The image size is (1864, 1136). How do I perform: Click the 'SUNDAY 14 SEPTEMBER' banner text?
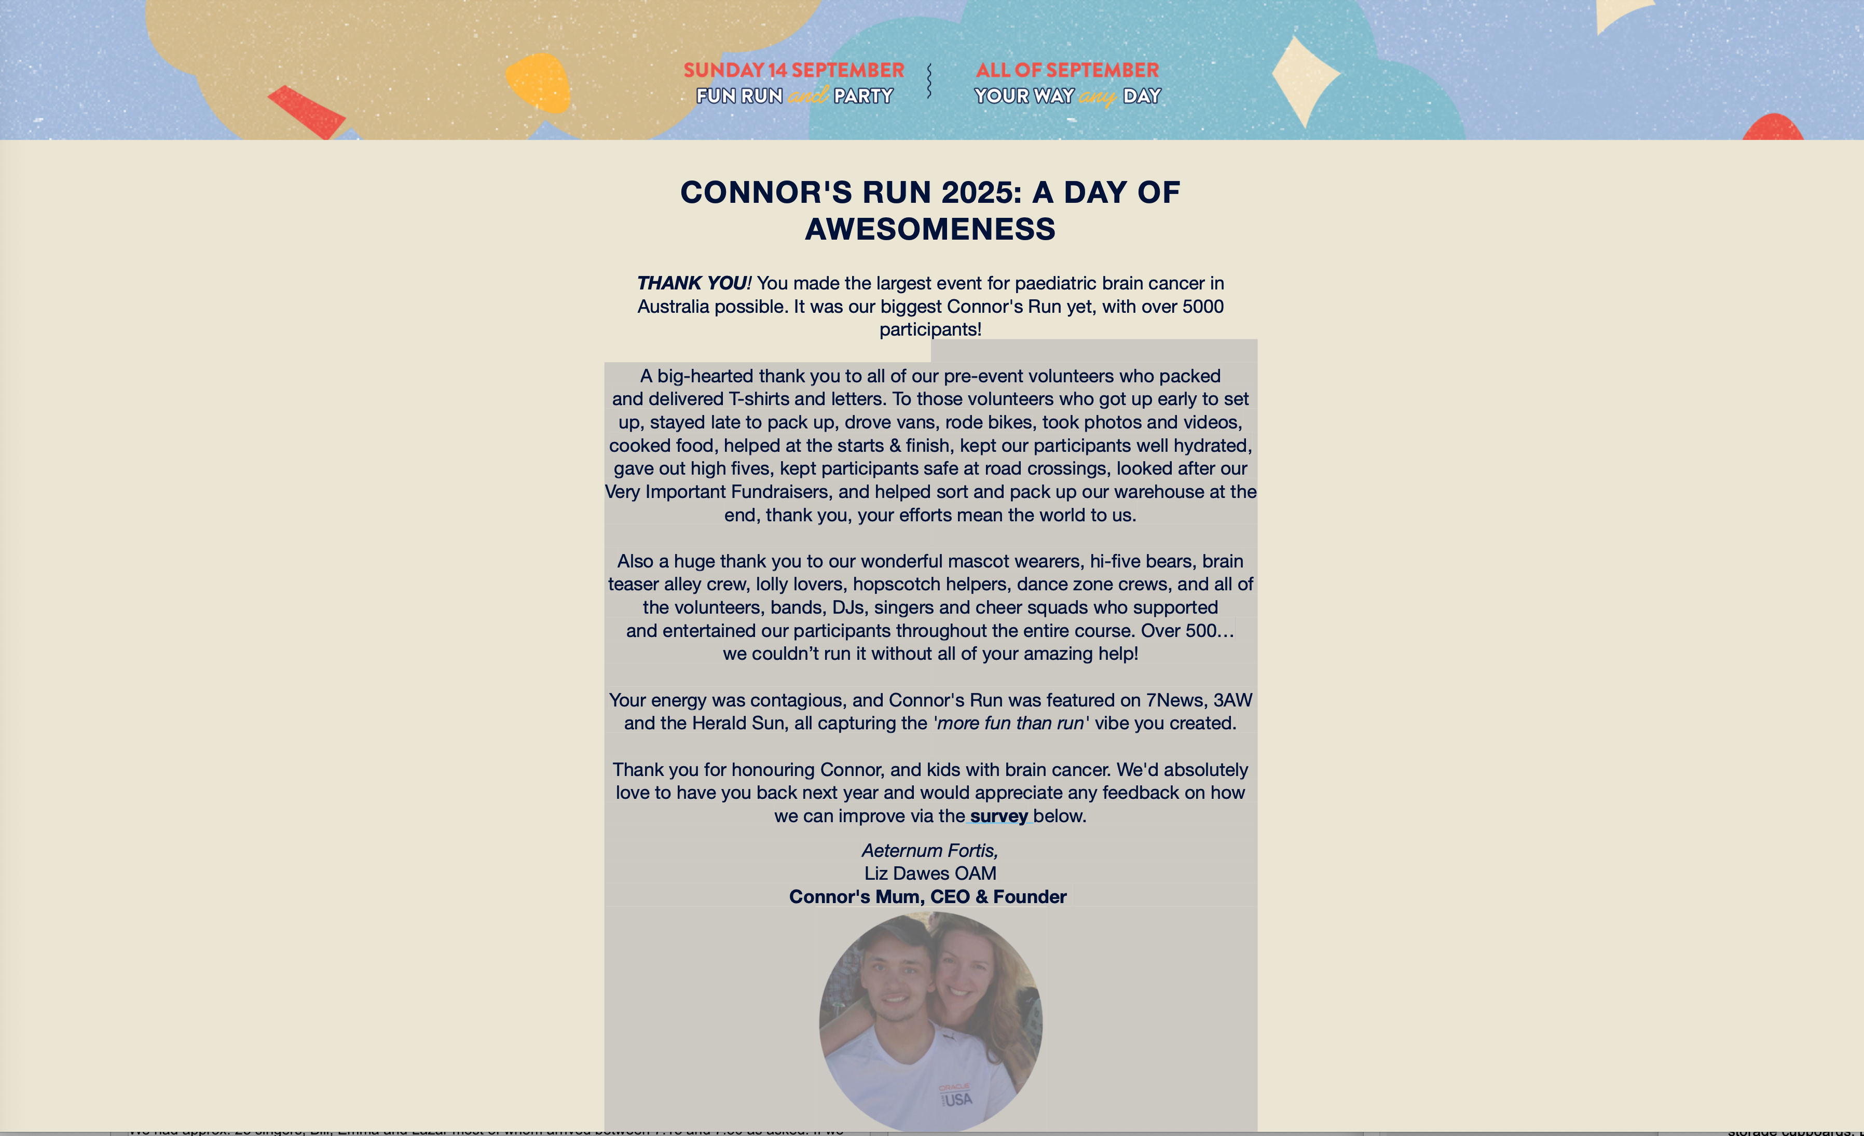pyautogui.click(x=793, y=70)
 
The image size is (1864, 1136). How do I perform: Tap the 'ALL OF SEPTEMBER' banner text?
pyautogui.click(x=1066, y=70)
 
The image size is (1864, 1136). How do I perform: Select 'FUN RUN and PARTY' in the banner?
pyautogui.click(x=794, y=96)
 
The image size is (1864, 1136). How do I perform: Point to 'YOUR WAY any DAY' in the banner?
pyautogui.click(x=1066, y=96)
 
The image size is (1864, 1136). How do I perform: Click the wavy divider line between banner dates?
pyautogui.click(x=929, y=81)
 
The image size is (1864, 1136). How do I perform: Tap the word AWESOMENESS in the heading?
pyautogui.click(x=930, y=229)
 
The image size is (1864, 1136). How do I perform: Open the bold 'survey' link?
pyautogui.click(x=998, y=816)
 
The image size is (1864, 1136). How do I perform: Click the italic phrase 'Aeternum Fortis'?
pyautogui.click(x=929, y=851)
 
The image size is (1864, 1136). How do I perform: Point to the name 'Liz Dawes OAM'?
pyautogui.click(x=930, y=874)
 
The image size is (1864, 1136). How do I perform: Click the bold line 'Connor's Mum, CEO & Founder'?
pyautogui.click(x=927, y=897)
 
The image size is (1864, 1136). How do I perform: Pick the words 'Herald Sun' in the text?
pyautogui.click(x=738, y=723)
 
